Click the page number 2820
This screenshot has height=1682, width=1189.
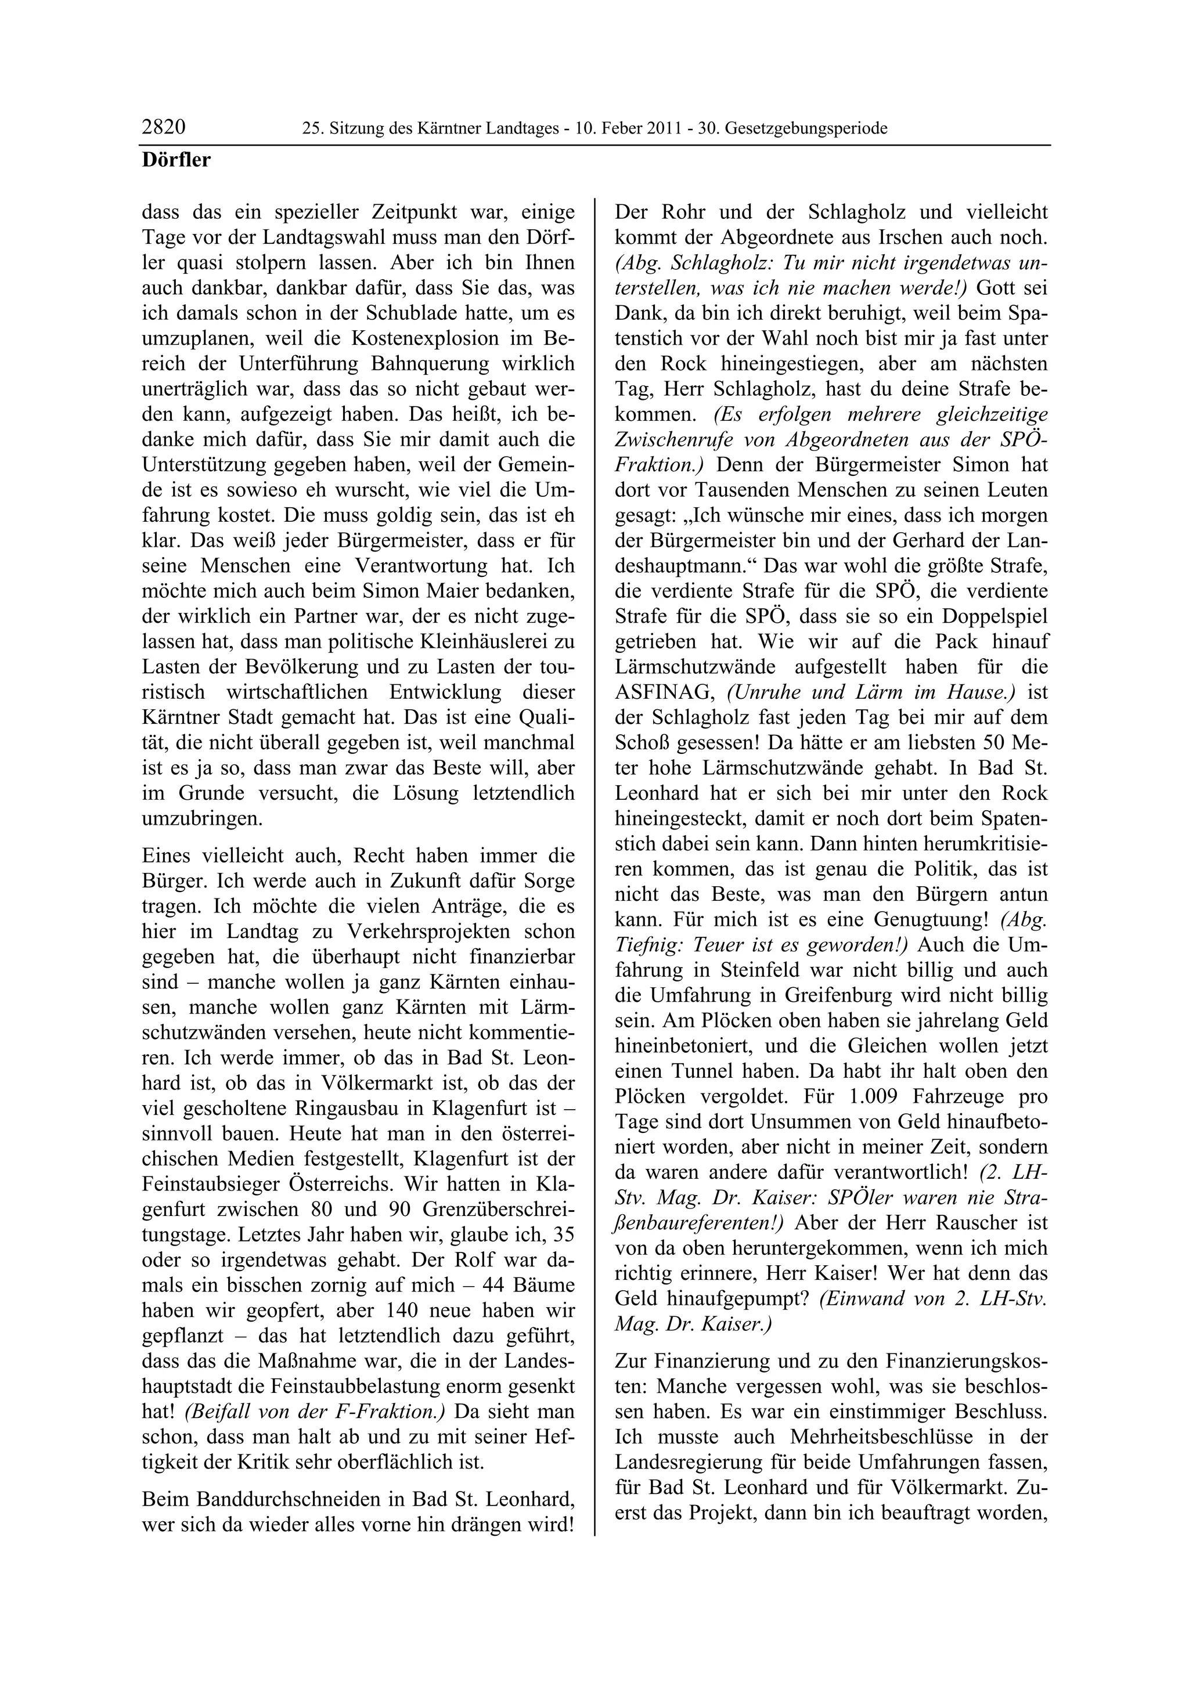pyautogui.click(x=163, y=128)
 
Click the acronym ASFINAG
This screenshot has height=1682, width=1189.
pyautogui.click(x=663, y=692)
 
